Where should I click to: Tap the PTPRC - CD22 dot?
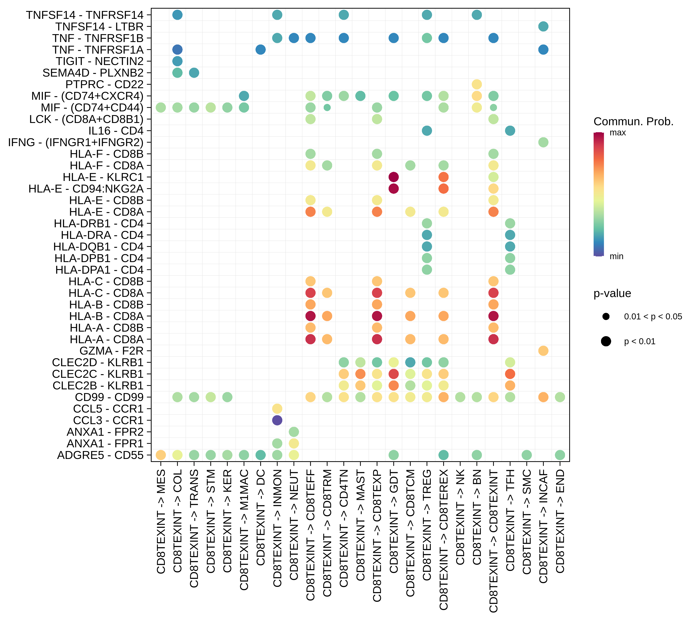477,84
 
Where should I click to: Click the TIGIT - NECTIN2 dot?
177,61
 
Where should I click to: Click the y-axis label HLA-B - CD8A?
106,316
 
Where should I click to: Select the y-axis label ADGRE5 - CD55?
100,455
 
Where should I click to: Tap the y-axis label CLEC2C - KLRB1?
98,374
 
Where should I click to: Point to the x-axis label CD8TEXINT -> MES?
161,521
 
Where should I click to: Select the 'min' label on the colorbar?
616,256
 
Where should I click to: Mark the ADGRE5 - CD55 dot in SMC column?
527,455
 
